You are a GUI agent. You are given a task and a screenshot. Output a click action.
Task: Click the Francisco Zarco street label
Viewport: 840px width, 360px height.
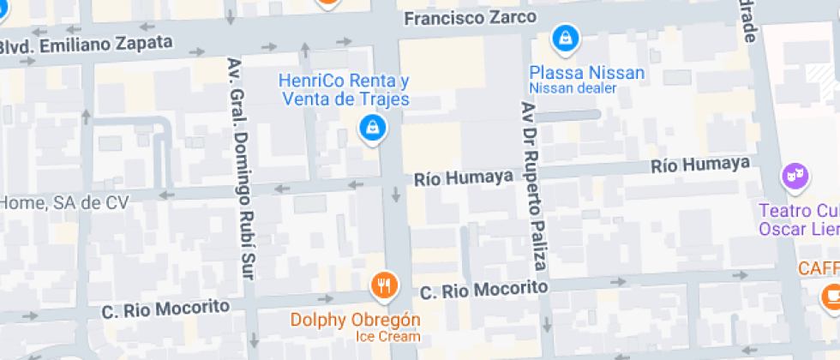[x=470, y=18]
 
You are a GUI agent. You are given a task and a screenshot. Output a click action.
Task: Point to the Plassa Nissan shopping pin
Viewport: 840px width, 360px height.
[x=566, y=38]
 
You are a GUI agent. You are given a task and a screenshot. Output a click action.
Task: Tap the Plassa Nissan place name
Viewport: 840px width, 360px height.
[x=586, y=73]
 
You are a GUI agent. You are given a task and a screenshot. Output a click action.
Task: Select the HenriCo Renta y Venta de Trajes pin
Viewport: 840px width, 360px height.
[x=372, y=129]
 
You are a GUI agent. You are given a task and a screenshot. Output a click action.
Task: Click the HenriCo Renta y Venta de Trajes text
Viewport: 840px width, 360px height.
[x=344, y=90]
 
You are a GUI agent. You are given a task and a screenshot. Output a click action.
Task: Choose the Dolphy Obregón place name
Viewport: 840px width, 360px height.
[x=356, y=321]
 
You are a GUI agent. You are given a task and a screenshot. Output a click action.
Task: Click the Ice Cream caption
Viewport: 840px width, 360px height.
[x=388, y=336]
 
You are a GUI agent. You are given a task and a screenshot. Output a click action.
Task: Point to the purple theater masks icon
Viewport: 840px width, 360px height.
[x=795, y=177]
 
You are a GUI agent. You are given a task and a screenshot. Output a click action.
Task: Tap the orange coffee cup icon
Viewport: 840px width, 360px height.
[x=831, y=296]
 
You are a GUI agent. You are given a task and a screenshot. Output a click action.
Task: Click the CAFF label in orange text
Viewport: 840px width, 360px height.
[x=818, y=268]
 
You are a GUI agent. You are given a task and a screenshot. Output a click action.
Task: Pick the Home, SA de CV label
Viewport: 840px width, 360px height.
[x=64, y=203]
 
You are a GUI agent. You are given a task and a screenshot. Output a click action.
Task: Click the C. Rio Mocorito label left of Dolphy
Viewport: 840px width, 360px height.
[x=165, y=307]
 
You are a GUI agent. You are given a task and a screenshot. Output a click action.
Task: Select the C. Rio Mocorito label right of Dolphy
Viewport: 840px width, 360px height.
[x=483, y=290]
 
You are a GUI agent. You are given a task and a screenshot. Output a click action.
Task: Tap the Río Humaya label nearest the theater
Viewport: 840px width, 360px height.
[x=700, y=165]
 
